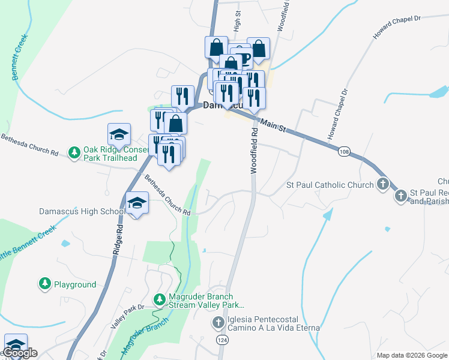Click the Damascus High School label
pos(82,211)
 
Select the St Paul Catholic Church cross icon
pos(383,185)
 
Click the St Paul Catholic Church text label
pos(330,185)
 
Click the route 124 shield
pos(222,340)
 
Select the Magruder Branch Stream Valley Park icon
pos(159,298)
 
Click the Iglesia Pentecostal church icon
pos(218,323)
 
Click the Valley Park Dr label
pos(127,315)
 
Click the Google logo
pos(20,353)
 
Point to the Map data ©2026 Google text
pos(412,355)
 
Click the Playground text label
pos(75,284)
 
